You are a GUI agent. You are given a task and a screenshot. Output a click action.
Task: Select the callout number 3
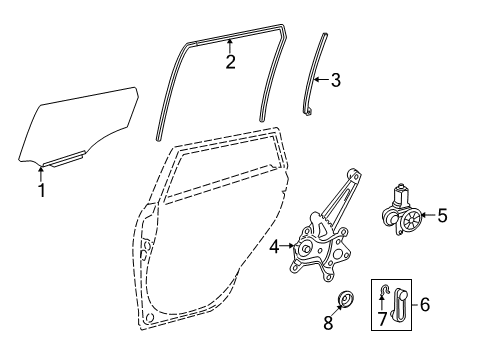(335, 80)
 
